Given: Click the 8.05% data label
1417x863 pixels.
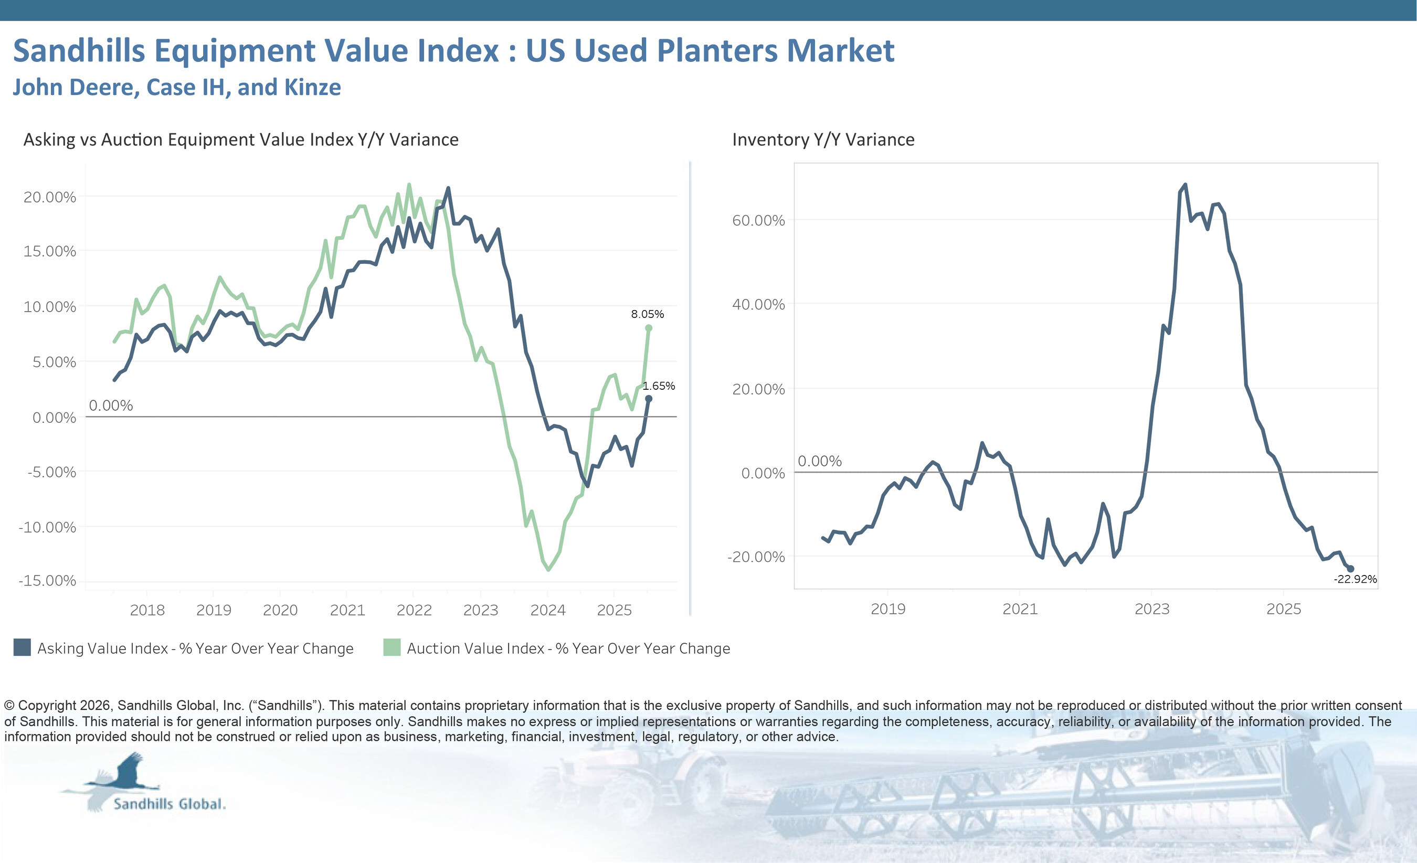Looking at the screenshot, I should pyautogui.click(x=647, y=314).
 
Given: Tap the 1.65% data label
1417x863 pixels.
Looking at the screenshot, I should pyautogui.click(x=659, y=386).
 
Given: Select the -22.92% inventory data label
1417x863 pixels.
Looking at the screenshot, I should pyautogui.click(x=1355, y=579).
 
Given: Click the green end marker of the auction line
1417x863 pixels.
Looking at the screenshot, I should pyautogui.click(x=649, y=328).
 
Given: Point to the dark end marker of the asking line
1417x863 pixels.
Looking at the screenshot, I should pyautogui.click(x=649, y=398).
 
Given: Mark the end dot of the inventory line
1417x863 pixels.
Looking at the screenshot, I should pyautogui.click(x=1350, y=569).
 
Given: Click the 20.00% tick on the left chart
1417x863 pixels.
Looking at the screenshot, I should pyautogui.click(x=49, y=197).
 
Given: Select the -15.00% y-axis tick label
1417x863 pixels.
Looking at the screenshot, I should pyautogui.click(x=47, y=581).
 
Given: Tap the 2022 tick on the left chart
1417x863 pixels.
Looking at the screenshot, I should pyautogui.click(x=414, y=610).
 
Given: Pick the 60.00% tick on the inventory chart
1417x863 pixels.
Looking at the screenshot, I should pyautogui.click(x=758, y=220).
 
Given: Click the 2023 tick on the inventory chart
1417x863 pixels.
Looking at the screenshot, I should pyautogui.click(x=1152, y=609).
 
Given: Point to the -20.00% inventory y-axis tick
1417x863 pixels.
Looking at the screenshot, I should pyautogui.click(x=756, y=557).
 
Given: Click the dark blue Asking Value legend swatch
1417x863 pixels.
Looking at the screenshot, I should pyautogui.click(x=22, y=647).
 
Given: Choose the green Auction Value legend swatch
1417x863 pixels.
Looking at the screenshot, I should pyautogui.click(x=392, y=647).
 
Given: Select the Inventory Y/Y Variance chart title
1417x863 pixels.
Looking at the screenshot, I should pyautogui.click(x=823, y=140).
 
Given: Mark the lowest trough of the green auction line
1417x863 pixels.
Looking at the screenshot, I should pyautogui.click(x=548, y=570).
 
